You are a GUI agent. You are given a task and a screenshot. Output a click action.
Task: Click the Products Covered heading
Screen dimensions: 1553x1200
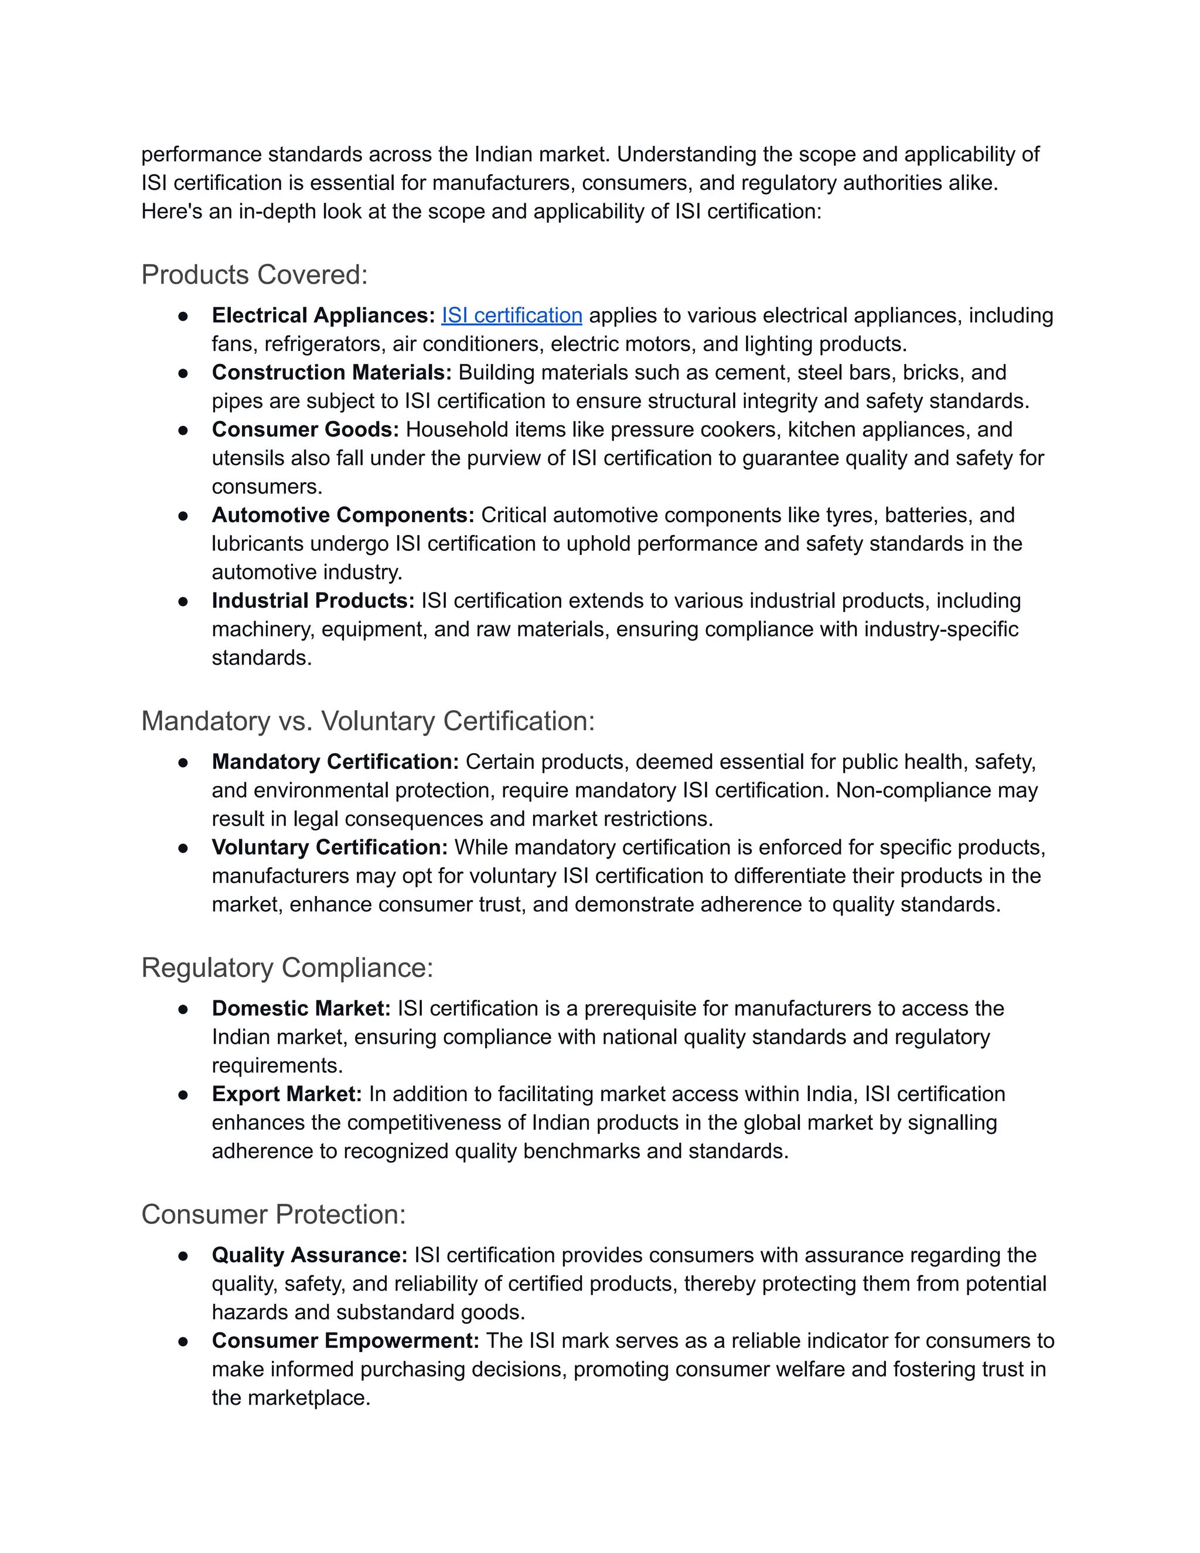pos(254,274)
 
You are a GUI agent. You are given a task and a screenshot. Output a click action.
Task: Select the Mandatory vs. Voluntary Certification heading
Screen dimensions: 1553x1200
pos(367,721)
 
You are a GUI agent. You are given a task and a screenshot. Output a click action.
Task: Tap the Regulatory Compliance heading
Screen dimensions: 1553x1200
pos(287,968)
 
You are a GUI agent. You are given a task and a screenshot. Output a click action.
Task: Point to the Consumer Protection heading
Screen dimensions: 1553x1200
pos(273,1214)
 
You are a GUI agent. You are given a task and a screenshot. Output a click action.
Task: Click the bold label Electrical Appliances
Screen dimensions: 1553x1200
pos(323,315)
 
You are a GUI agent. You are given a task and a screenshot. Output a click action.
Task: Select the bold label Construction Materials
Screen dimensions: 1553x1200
pos(331,372)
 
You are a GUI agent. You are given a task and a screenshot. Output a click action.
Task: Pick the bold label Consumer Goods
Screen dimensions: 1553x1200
pos(305,430)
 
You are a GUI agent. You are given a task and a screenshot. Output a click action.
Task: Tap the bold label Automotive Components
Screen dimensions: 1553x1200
pos(343,515)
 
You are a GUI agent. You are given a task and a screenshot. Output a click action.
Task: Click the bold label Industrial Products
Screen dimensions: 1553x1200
pos(313,601)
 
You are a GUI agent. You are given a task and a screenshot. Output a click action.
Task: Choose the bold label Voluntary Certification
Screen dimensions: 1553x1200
pos(329,847)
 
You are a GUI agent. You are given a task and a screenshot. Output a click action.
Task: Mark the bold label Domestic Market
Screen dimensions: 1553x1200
pos(301,1009)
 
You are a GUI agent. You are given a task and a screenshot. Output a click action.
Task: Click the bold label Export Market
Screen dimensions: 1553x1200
pos(287,1094)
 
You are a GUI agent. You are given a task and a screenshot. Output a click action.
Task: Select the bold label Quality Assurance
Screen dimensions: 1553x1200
pos(309,1255)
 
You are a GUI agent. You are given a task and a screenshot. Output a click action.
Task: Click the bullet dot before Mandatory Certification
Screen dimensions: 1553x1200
pos(183,762)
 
